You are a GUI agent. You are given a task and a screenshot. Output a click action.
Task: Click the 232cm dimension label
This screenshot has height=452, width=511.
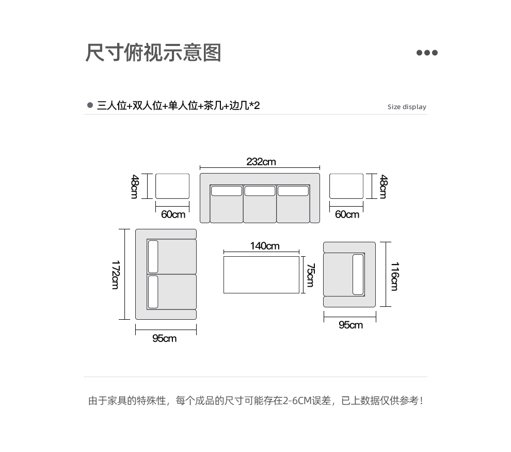(261, 161)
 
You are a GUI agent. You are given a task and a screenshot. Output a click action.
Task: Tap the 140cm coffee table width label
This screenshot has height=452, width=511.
(265, 245)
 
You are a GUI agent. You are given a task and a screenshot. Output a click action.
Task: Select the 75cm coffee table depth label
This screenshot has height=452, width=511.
(311, 275)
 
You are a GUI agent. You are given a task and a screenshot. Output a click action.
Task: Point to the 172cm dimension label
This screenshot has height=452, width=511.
(116, 275)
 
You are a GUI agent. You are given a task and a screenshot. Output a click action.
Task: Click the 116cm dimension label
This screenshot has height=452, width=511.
(395, 276)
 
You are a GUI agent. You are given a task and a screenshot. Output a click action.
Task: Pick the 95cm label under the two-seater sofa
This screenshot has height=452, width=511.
(165, 338)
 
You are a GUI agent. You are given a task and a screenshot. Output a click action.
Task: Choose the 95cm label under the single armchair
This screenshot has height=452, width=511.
(350, 325)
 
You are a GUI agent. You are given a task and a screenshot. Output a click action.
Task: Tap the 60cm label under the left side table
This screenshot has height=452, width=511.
(173, 214)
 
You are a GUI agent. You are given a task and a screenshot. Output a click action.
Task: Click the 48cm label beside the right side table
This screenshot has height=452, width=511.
(384, 186)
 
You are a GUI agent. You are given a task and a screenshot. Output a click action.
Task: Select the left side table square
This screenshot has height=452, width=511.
(172, 186)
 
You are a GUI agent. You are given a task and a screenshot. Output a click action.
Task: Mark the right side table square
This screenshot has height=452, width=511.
(346, 186)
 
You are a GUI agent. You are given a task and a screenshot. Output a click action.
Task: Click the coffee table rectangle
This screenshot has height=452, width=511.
(261, 275)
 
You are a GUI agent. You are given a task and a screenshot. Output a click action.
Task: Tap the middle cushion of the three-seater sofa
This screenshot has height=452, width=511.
(260, 204)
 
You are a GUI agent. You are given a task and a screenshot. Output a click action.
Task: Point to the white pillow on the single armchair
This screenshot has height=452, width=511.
(358, 275)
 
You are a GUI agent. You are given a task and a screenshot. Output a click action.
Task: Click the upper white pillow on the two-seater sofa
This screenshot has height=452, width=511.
(153, 257)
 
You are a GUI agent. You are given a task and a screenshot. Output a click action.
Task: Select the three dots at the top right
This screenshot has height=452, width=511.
(427, 53)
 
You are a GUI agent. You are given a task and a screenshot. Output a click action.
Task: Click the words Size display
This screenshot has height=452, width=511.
(407, 106)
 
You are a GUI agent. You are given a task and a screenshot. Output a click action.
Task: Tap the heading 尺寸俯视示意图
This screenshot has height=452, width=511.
(153, 53)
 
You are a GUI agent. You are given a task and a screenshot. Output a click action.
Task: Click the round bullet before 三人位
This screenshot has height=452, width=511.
(90, 105)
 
